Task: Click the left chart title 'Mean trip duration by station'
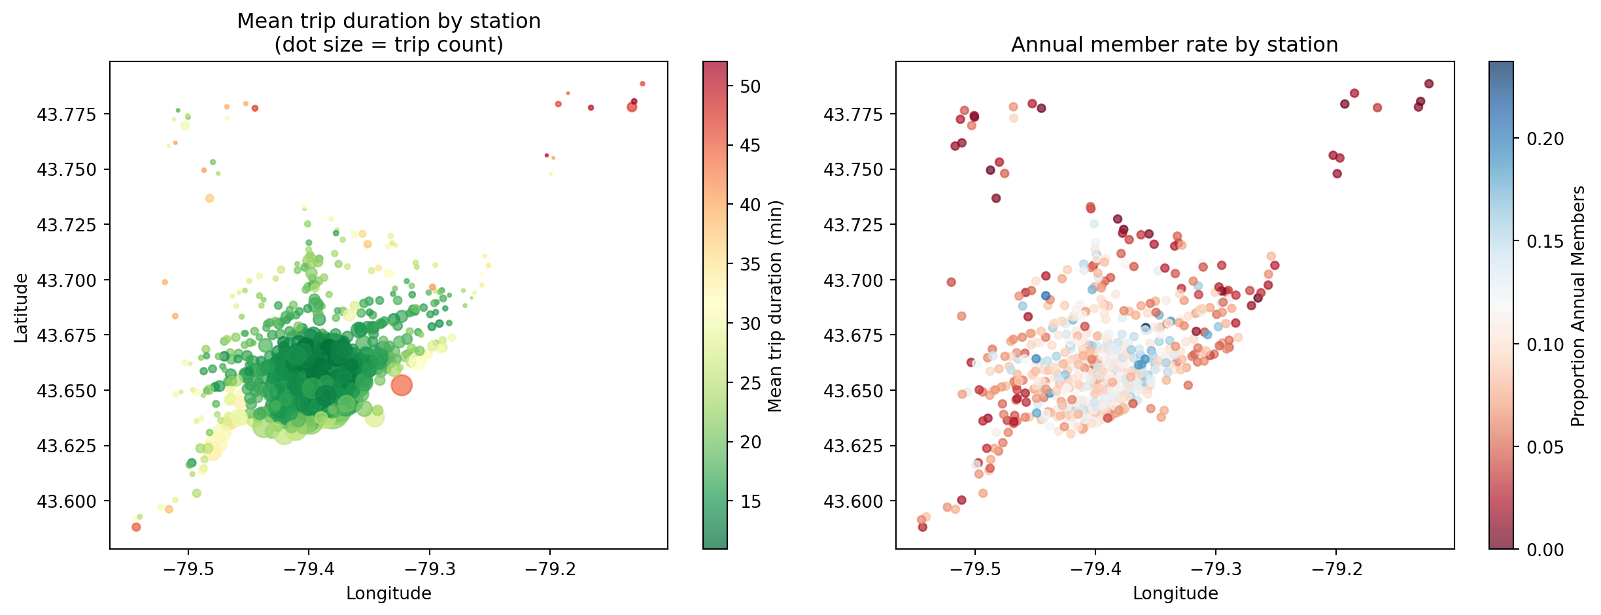pyautogui.click(x=388, y=22)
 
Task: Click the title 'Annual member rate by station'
pyautogui.click(x=1174, y=45)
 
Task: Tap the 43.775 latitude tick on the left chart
pyautogui.click(x=66, y=115)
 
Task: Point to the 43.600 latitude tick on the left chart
pyautogui.click(x=66, y=502)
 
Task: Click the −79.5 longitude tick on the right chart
pyautogui.click(x=974, y=569)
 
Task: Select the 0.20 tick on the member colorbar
pyautogui.click(x=1545, y=139)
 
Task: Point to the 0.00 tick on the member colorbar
pyautogui.click(x=1545, y=550)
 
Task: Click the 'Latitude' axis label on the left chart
pyautogui.click(x=22, y=308)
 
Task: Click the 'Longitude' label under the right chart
pyautogui.click(x=1175, y=593)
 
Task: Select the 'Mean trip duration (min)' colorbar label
pyautogui.click(x=775, y=307)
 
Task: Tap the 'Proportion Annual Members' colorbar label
pyautogui.click(x=1579, y=307)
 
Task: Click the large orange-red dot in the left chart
pyautogui.click(x=402, y=386)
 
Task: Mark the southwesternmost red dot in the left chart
pyautogui.click(x=136, y=527)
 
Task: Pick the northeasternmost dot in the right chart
pyautogui.click(x=1429, y=84)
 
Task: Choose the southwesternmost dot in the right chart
pyautogui.click(x=923, y=527)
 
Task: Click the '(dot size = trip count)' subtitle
pyautogui.click(x=388, y=45)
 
